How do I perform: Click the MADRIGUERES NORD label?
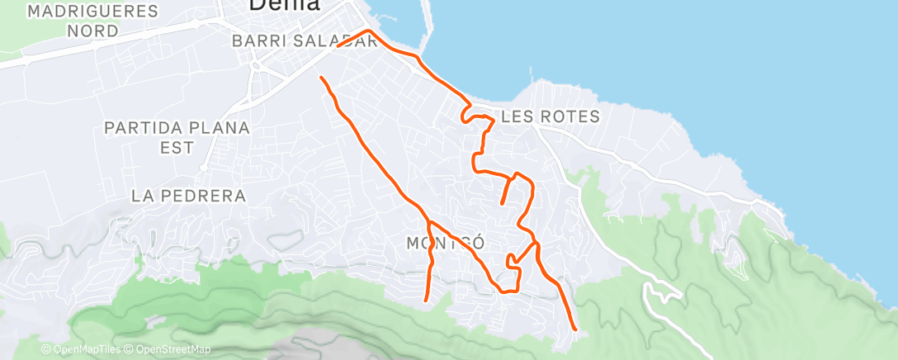tap(92, 21)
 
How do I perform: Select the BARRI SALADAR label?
tap(305, 40)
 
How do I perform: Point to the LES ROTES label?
tap(550, 117)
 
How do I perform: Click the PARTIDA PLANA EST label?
tap(177, 137)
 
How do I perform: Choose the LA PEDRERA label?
tap(189, 196)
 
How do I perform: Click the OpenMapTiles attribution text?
tap(80, 350)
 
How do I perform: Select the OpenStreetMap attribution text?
tap(168, 350)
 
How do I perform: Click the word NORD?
tap(92, 31)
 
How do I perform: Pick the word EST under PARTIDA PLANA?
tap(177, 148)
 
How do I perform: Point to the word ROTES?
tap(570, 117)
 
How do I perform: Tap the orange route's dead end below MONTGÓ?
tap(425, 300)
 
